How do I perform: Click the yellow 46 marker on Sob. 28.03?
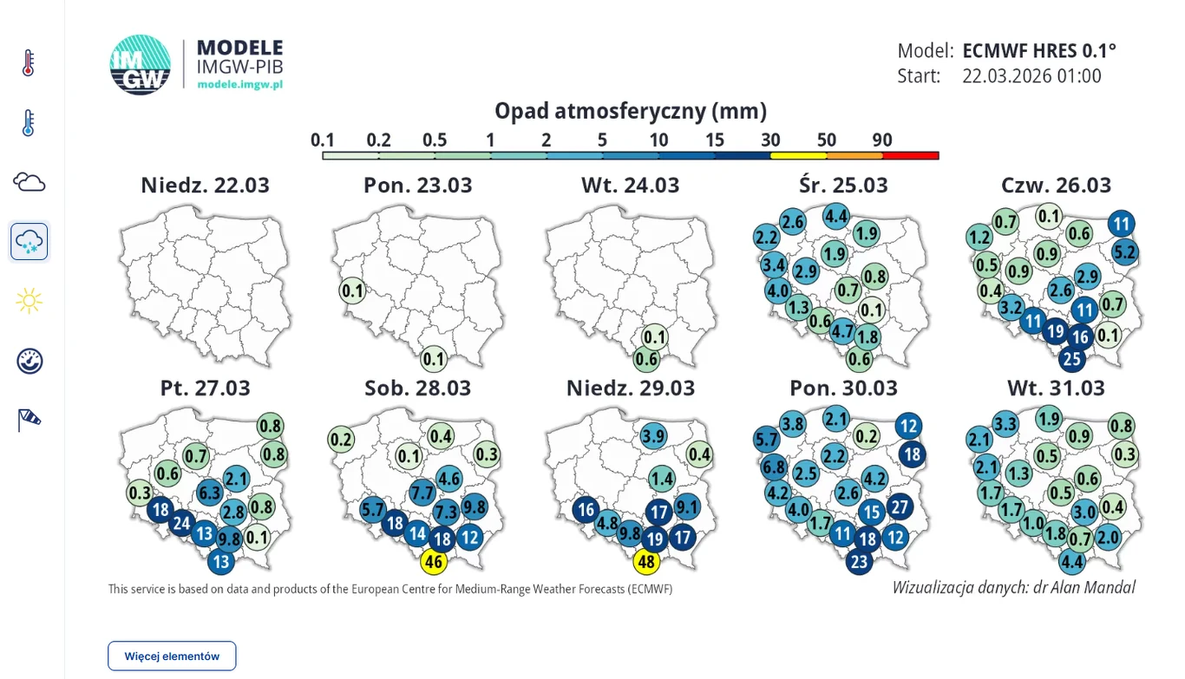coord(434,562)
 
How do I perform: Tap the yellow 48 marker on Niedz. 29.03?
coord(646,562)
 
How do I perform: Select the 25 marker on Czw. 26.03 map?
coord(1072,358)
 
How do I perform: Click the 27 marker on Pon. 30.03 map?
coord(899,507)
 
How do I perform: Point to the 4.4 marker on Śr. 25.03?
coord(836,215)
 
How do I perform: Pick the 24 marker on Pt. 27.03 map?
coord(181,523)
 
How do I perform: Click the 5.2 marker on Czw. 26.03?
coord(1124,252)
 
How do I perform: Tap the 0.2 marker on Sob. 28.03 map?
coord(341,440)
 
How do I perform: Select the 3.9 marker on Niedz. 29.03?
coord(653,435)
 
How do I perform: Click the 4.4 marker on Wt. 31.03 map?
coord(1072,561)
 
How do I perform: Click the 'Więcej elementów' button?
coord(172,656)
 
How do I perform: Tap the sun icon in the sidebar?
coord(29,301)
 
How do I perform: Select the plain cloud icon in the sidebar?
coord(29,182)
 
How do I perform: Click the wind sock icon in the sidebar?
coord(29,421)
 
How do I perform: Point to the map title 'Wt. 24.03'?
coord(631,186)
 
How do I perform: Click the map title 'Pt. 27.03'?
coord(205,388)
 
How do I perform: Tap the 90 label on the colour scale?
coord(882,140)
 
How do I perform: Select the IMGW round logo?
coord(140,65)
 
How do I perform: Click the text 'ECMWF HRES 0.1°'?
coord(1039,50)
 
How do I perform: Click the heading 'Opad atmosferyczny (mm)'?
coord(631,111)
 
